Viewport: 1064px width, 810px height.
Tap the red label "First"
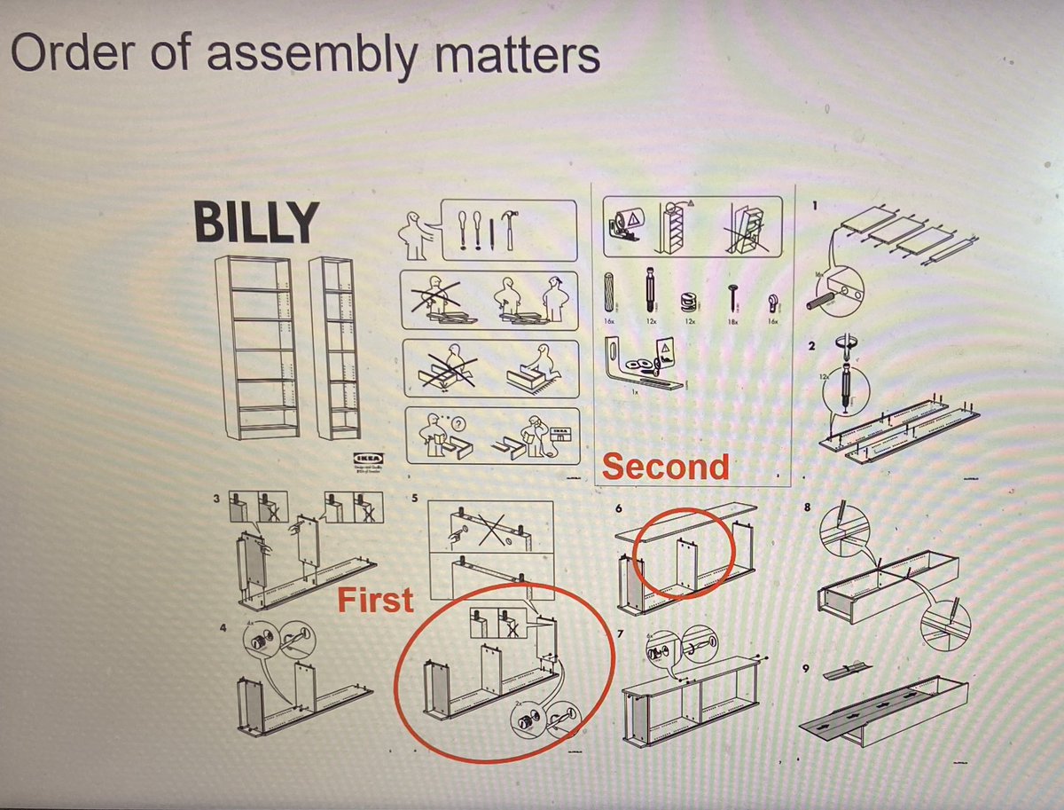tap(375, 600)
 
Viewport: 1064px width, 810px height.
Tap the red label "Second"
tap(666, 467)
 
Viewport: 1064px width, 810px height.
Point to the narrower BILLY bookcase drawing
tap(337, 347)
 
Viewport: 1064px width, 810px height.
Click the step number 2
tap(812, 344)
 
